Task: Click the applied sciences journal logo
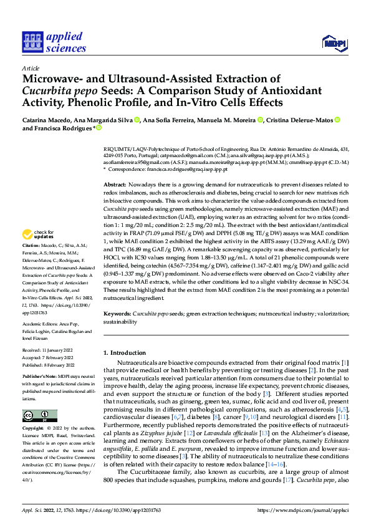[x=54, y=42]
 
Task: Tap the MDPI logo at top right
[x=335, y=42]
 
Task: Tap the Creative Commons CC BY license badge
[x=39, y=416]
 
